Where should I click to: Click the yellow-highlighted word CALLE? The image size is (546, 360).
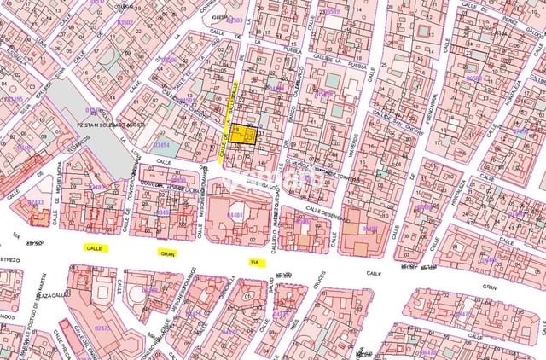94,247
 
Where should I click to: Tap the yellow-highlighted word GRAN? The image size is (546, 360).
166,253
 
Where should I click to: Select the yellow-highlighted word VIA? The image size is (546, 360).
253,262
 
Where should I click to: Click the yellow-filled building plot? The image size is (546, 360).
245,136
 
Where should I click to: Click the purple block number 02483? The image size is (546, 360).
36,202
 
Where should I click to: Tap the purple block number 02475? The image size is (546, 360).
102,328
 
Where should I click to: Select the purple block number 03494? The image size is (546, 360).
160,145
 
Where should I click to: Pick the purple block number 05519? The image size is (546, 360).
330,11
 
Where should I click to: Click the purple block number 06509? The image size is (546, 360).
474,78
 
